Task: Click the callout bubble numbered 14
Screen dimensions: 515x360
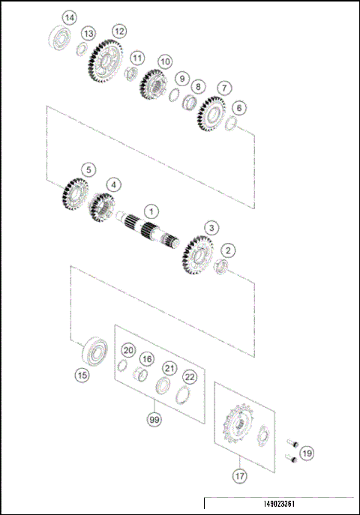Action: coord(69,17)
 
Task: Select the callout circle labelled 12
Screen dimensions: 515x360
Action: coord(118,31)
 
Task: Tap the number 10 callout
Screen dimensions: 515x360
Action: coord(165,61)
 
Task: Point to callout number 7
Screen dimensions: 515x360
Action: coord(225,88)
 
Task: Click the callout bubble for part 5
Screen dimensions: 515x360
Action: coord(88,170)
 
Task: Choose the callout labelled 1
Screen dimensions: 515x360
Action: coord(150,212)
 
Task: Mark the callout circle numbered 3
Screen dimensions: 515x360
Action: coord(212,226)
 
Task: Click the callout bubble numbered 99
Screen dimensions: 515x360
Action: coord(154,420)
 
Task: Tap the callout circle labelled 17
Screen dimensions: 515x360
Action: coord(239,475)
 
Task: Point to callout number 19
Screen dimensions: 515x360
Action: coord(307,453)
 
